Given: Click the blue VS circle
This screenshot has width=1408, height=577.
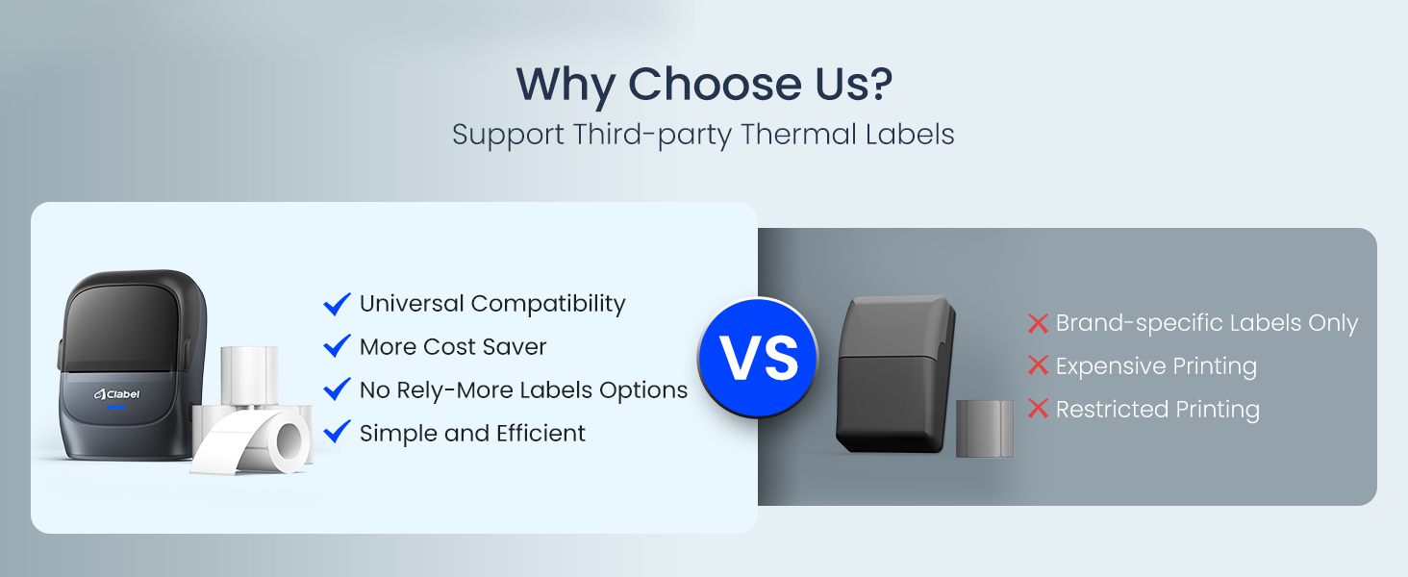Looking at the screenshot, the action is (x=758, y=358).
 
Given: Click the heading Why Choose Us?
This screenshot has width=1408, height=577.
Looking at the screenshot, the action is (x=704, y=84).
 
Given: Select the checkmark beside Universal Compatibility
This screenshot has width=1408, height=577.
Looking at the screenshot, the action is (x=337, y=304).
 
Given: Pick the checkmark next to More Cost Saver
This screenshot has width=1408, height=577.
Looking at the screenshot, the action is (x=337, y=347).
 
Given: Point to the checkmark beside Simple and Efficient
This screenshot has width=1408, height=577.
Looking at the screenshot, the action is (x=337, y=433).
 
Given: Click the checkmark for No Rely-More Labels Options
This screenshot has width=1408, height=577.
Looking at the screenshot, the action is (x=337, y=390).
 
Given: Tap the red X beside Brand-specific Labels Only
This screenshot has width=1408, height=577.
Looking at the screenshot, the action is (x=1038, y=324).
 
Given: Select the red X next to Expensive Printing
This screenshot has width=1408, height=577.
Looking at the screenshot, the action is (x=1038, y=365).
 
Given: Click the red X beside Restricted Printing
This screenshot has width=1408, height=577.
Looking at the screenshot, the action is (x=1038, y=409).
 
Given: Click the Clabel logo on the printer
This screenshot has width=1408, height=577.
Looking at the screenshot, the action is (x=117, y=394).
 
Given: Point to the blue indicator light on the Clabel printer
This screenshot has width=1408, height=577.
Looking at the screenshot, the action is (x=116, y=408).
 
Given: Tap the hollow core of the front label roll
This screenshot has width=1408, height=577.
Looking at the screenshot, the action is (x=289, y=440).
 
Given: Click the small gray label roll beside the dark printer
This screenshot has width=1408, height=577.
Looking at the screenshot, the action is (x=984, y=428).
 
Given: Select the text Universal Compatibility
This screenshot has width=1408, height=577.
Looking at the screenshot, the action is (x=492, y=304).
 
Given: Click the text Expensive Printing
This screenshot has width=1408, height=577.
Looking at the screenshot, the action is (x=1156, y=365).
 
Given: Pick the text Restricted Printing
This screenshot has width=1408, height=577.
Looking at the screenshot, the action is (x=1157, y=409).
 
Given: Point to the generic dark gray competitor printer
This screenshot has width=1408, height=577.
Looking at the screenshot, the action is (x=895, y=375).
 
